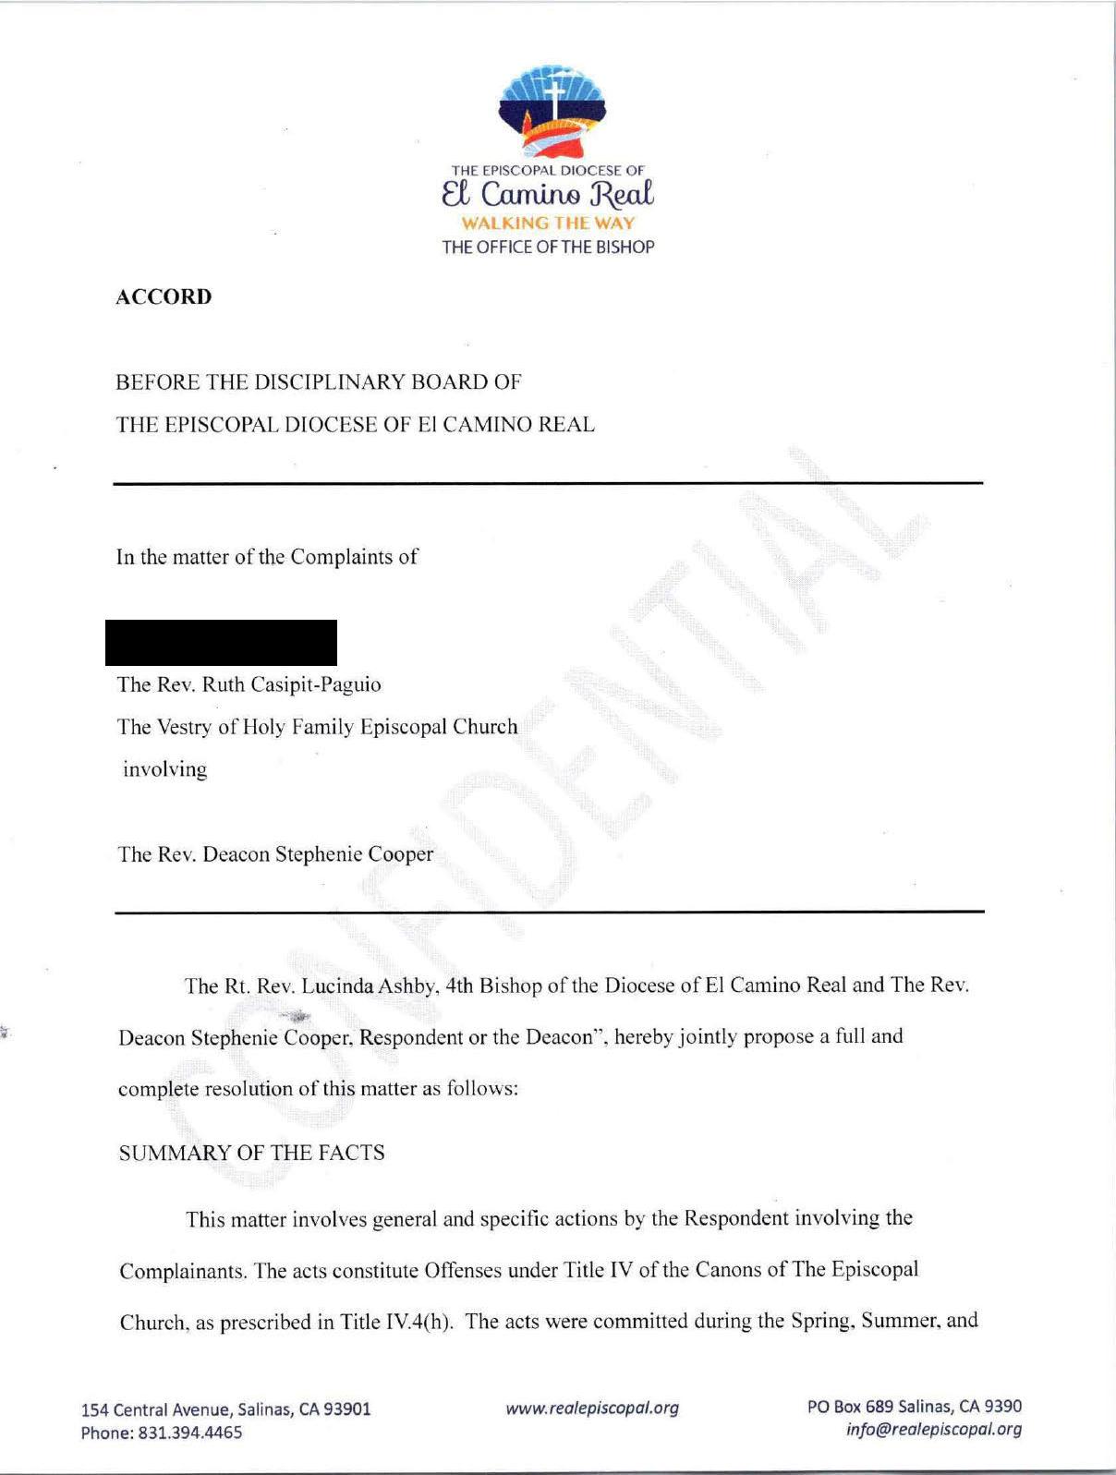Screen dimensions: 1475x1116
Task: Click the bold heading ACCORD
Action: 164,296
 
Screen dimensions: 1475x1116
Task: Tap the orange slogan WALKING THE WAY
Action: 548,223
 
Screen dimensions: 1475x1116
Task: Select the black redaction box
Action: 221,643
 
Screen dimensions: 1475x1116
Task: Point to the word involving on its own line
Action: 164,769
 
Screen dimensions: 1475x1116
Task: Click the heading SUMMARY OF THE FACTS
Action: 251,1153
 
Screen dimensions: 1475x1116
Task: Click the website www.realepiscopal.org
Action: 591,1408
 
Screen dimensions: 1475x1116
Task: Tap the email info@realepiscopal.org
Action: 934,1429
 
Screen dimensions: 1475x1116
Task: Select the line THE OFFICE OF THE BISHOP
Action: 548,247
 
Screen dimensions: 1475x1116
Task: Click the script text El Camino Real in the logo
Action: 548,195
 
